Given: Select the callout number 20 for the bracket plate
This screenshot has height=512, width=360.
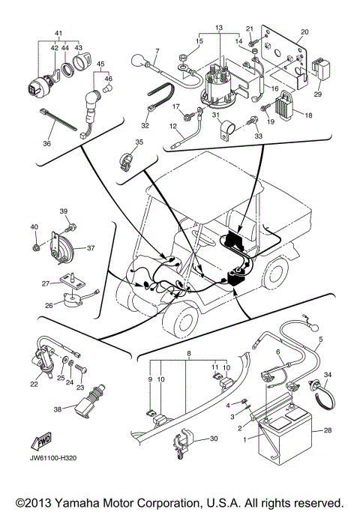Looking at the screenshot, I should click(304, 32).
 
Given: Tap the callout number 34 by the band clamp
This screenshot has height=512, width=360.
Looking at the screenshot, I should click(325, 375).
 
